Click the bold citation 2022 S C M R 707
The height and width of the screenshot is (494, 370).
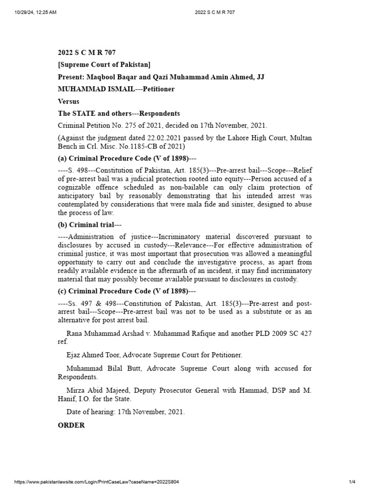point(87,53)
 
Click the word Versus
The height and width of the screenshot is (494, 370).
point(68,102)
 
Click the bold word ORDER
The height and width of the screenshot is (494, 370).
point(71,425)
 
